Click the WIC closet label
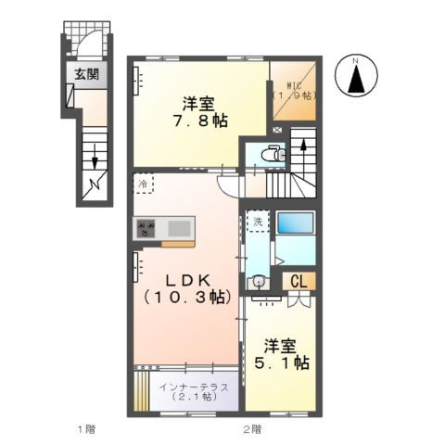coord(293,88)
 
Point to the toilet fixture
coord(273,154)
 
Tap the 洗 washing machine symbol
coord(259,222)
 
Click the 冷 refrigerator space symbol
coord(144,184)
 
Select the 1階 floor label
coord(85,428)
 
